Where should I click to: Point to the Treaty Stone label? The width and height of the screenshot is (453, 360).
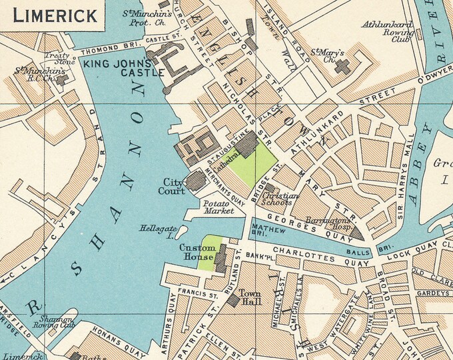click(x=57, y=59)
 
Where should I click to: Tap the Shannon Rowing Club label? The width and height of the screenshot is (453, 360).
click(x=57, y=323)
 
